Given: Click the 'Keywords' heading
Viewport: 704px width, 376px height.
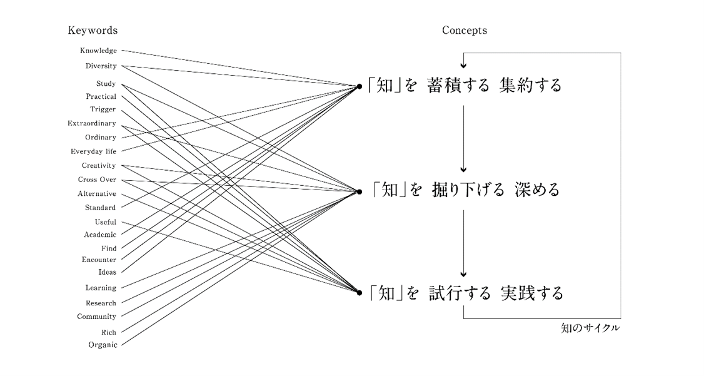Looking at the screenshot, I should [x=93, y=30].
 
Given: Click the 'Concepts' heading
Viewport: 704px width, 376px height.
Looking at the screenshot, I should [x=464, y=30].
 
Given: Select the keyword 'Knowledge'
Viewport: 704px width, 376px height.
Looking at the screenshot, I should [x=98, y=51].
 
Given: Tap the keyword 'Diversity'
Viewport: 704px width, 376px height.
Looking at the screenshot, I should [x=101, y=66].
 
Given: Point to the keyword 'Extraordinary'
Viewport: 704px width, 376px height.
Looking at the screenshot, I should [x=91, y=123].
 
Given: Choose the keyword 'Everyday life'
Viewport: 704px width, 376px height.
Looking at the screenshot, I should [x=93, y=151].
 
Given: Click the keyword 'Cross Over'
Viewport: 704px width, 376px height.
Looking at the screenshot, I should [x=97, y=180].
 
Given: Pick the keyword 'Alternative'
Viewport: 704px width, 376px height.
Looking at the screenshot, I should [x=96, y=194].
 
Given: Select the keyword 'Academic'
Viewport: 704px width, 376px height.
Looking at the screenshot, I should [x=100, y=235].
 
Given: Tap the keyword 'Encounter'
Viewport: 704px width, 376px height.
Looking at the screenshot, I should [x=99, y=260].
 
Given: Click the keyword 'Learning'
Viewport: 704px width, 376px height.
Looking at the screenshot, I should [x=101, y=288].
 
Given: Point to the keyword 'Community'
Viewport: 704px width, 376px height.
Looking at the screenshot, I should [x=96, y=317].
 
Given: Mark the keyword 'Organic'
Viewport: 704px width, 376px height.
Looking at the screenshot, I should [x=102, y=345].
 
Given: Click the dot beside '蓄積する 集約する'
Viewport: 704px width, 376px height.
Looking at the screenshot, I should [x=360, y=86].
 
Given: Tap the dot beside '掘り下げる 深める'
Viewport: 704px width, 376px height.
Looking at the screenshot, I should [x=360, y=191].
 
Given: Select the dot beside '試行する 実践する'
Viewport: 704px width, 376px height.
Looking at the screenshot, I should [x=360, y=292].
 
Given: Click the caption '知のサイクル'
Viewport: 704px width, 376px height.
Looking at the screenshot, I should [x=590, y=327].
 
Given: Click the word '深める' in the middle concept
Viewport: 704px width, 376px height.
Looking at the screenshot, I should [x=537, y=190].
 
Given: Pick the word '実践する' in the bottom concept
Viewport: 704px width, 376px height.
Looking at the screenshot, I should [x=531, y=292].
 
